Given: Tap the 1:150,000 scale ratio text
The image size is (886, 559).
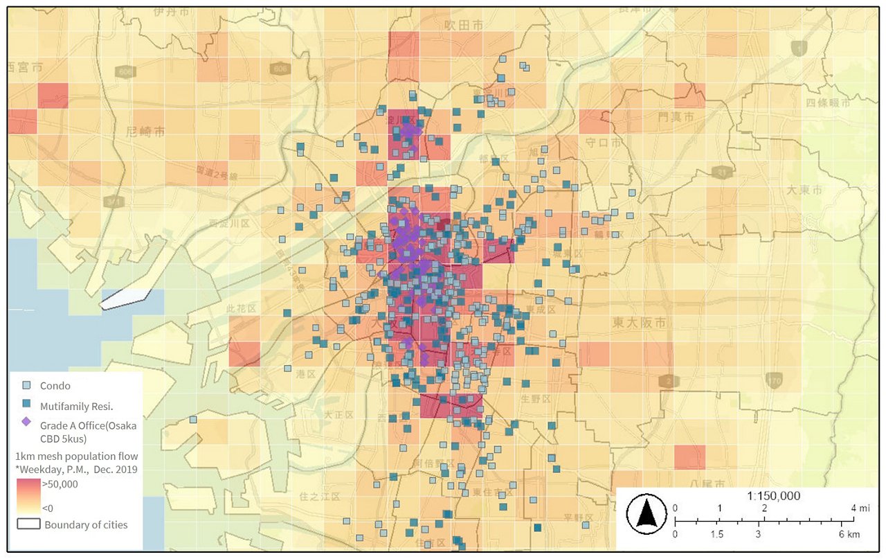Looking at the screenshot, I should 773,496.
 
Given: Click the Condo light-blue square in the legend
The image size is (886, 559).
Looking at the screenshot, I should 26,386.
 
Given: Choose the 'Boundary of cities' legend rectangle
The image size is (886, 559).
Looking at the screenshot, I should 28,524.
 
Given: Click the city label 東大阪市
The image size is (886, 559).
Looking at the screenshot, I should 639,323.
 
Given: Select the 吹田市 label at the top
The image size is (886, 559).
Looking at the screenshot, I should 462,25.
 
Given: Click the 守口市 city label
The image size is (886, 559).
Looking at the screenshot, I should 604,142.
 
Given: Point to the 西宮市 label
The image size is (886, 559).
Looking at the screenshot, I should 25,67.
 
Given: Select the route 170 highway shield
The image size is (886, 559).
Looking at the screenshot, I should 775,380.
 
